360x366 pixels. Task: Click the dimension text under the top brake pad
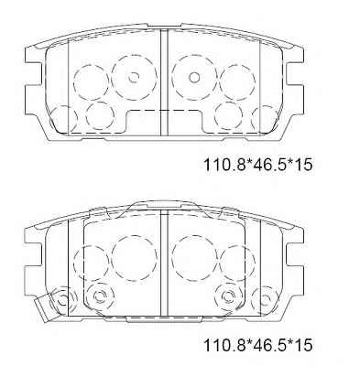pyautogui.click(x=258, y=165)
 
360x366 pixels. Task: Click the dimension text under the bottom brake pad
pyautogui.click(x=258, y=346)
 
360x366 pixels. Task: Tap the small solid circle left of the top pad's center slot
pyautogui.click(x=134, y=77)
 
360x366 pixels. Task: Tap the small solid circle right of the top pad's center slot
pyautogui.click(x=193, y=77)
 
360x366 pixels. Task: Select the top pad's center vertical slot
pyautogui.click(x=164, y=82)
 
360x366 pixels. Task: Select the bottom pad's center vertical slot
pyautogui.click(x=164, y=264)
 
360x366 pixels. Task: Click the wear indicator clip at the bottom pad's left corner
pyautogui.click(x=42, y=306)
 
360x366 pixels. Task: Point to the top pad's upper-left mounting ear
pyautogui.click(x=33, y=56)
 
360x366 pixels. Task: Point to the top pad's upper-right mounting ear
pyautogui.click(x=295, y=56)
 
